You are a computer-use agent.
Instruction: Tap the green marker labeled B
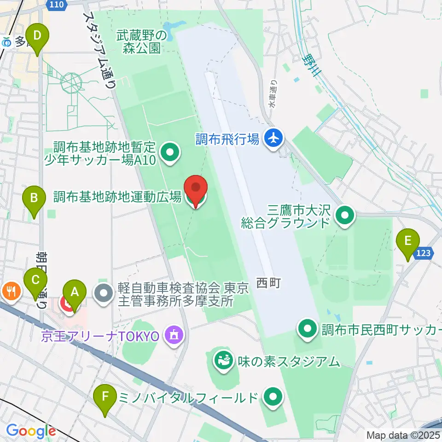point(34,199)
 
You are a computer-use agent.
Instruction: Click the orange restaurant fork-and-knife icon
point(10,291)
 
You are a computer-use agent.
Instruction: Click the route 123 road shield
point(424,252)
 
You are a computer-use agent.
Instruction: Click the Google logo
point(31,431)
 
